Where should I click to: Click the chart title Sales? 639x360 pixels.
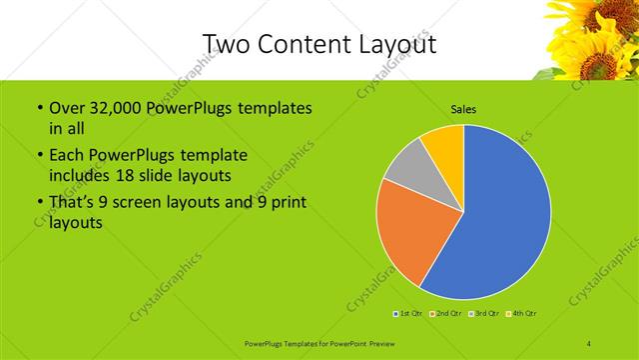[462, 108]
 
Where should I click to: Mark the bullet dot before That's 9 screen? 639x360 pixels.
[39, 205]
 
